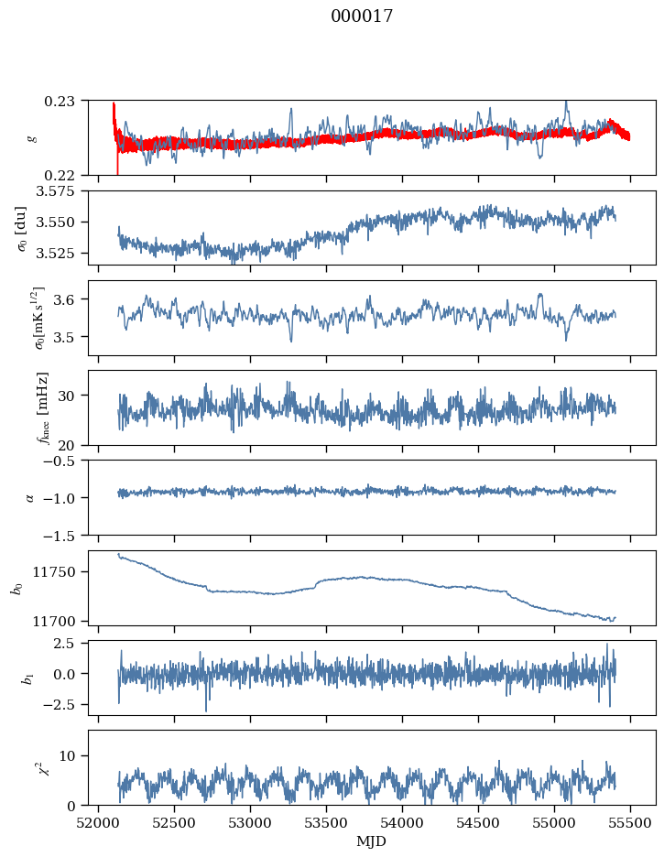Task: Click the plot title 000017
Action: [362, 16]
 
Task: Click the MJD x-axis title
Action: [371, 841]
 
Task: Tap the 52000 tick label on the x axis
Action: [98, 823]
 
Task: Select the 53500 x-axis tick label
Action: [326, 823]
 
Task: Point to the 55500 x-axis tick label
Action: [630, 823]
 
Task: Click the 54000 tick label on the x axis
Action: [402, 823]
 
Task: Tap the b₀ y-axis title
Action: [17, 588]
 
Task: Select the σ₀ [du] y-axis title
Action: [22, 228]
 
